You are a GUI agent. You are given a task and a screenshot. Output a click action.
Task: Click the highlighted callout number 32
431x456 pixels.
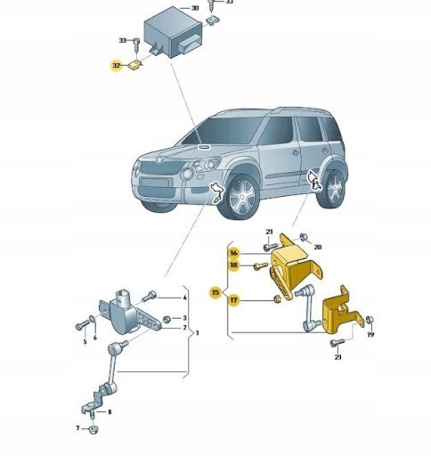[116, 66]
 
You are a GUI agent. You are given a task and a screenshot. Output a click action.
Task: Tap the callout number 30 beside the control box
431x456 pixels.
[195, 8]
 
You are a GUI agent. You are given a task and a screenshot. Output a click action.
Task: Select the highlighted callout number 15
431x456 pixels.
[215, 292]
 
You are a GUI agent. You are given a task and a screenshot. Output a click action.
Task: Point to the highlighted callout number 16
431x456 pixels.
[234, 253]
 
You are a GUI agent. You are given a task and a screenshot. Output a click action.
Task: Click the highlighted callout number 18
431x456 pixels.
[234, 265]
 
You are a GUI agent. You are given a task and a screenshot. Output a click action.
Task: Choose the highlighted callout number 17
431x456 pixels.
[234, 300]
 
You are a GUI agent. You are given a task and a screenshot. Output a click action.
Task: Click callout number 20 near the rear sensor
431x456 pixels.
[318, 247]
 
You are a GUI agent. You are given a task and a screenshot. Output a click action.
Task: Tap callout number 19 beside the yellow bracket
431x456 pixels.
[370, 335]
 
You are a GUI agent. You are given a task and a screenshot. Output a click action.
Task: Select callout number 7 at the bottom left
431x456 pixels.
[77, 427]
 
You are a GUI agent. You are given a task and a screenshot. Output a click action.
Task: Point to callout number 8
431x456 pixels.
[110, 411]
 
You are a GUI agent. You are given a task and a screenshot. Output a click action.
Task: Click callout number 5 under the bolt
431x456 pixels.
[85, 342]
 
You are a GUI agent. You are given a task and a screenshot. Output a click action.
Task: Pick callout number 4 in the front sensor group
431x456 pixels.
[184, 297]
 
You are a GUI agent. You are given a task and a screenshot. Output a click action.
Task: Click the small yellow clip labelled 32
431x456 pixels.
[135, 66]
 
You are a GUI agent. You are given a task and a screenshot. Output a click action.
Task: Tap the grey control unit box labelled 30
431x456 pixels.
[173, 33]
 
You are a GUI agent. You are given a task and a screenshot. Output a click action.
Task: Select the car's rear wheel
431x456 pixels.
[334, 188]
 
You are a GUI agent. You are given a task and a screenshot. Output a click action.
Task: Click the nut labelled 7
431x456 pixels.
[94, 429]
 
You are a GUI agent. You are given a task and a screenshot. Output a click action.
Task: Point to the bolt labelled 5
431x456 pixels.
[82, 324]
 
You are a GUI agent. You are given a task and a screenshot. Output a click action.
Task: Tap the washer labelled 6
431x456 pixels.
[93, 319]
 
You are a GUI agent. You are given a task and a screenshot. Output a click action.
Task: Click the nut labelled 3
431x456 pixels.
[167, 320]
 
